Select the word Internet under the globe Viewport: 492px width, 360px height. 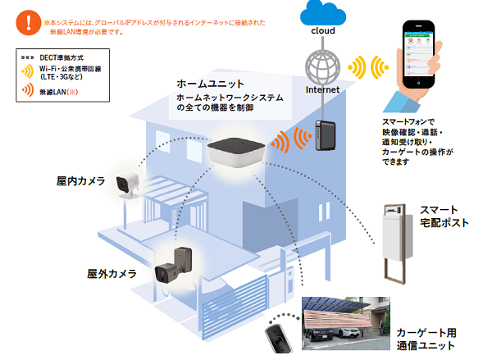(321, 89)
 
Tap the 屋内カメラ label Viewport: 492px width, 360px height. (80, 180)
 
